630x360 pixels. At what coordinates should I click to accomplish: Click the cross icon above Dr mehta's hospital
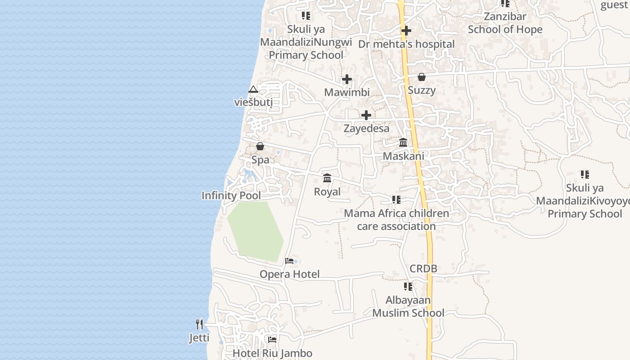click(406, 31)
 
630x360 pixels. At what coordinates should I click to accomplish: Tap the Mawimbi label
click(347, 92)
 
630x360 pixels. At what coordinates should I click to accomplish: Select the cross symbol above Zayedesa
click(366, 115)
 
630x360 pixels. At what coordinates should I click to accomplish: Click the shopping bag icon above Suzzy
click(422, 77)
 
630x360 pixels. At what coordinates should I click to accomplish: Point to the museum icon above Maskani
click(403, 143)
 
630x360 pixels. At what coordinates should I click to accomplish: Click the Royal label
click(327, 192)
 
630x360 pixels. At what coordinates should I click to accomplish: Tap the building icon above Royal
click(327, 178)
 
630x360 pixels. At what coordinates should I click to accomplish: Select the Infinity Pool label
click(231, 196)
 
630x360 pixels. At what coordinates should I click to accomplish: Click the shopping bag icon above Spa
click(260, 146)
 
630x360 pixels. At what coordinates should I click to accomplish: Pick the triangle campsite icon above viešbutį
click(253, 90)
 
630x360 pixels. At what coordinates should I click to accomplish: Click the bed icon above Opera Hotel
click(289, 261)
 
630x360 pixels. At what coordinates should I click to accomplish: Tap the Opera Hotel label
click(289, 274)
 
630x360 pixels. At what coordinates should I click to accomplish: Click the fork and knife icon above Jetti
click(199, 324)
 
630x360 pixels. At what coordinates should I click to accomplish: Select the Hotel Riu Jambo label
click(272, 353)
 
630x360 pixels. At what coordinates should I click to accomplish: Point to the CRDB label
click(423, 269)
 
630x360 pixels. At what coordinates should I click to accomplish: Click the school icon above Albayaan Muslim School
click(408, 286)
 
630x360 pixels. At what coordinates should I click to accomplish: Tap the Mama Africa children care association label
click(396, 220)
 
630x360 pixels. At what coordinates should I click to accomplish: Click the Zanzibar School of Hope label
click(505, 23)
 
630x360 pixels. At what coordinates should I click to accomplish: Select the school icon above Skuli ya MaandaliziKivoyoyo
click(585, 174)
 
